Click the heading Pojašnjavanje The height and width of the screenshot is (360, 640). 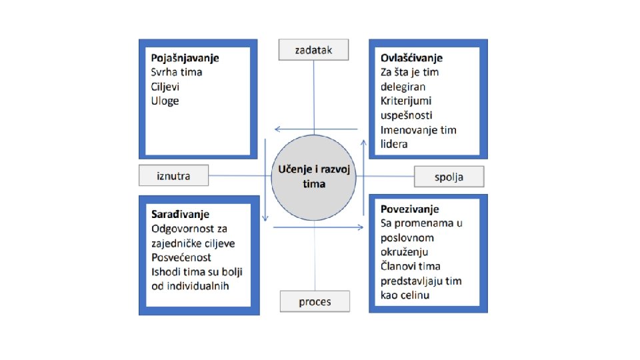tap(185, 58)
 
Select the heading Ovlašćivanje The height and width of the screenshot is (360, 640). tap(411, 58)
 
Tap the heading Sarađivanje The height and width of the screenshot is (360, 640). tap(180, 214)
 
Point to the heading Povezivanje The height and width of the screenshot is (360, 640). tap(409, 209)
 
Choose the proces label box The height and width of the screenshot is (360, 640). tap(315, 301)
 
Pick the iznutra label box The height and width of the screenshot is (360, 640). tap(173, 176)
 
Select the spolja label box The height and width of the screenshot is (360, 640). tap(449, 177)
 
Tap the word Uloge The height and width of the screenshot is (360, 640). tap(165, 101)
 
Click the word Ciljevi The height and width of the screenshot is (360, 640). tap(166, 87)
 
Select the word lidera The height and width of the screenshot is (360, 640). tap(394, 145)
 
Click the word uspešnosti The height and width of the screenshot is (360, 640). tap(407, 116)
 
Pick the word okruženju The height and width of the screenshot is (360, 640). tap(404, 253)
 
